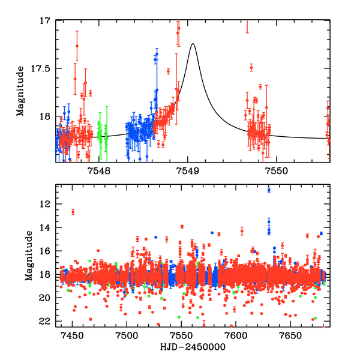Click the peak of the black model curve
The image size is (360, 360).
pyautogui.click(x=193, y=44)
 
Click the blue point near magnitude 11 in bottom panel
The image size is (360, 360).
pyautogui.click(x=269, y=190)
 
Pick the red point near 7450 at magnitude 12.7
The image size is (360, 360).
pyautogui.click(x=73, y=212)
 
